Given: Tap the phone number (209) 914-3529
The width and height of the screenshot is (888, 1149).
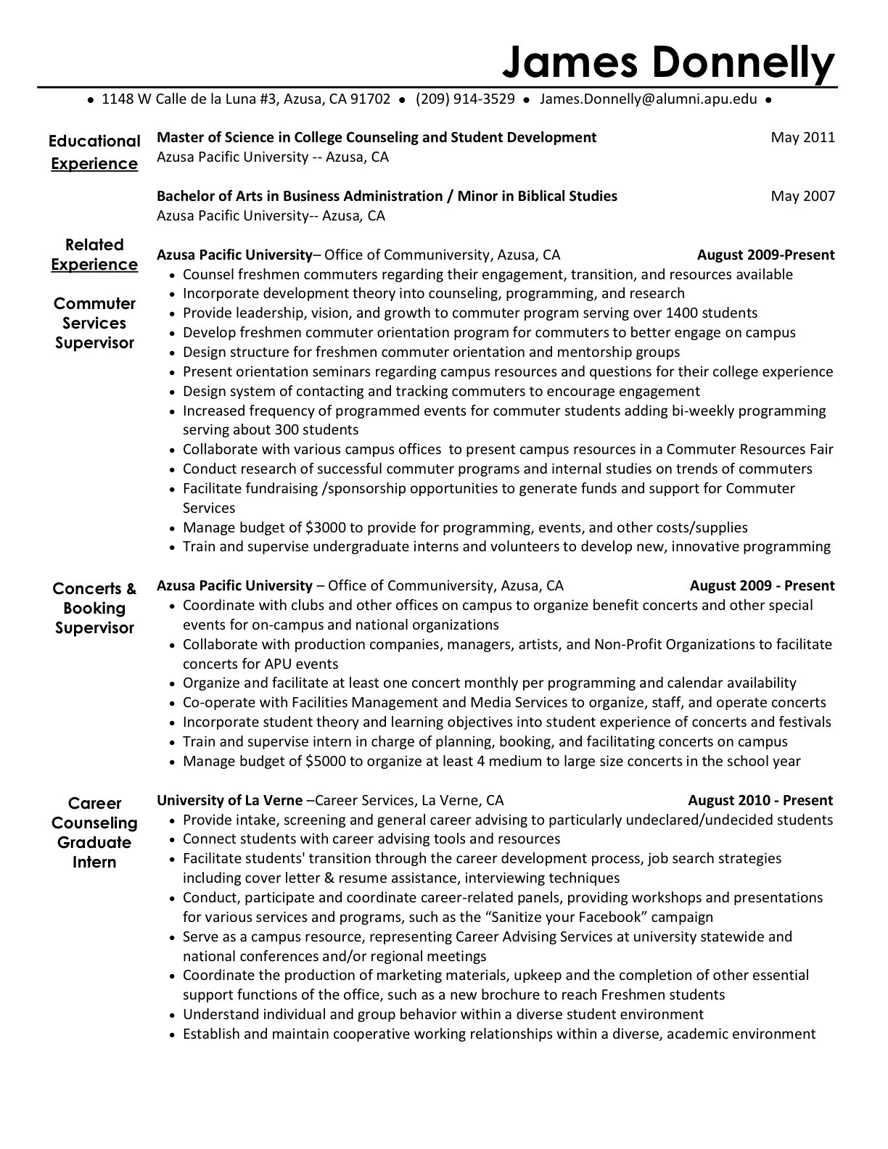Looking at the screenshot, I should [x=465, y=99].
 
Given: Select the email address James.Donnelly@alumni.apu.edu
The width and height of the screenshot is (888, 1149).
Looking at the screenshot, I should [x=648, y=99].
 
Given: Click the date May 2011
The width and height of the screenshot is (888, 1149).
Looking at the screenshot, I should [x=802, y=137].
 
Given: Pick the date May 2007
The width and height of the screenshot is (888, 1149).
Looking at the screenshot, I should [x=802, y=196].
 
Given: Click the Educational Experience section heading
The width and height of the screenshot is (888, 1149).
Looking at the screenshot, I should [x=94, y=152].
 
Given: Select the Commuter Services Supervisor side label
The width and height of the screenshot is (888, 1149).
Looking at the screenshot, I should [x=94, y=324].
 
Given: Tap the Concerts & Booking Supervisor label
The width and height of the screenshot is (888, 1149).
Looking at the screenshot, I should [x=94, y=609].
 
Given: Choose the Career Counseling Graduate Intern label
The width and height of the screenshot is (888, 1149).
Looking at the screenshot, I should [x=94, y=833].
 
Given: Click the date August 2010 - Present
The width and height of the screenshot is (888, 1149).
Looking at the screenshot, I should [x=760, y=801].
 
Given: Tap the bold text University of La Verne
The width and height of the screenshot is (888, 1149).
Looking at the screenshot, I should [x=230, y=801].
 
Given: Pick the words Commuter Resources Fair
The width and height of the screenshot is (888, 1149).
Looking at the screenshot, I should [x=750, y=450].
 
